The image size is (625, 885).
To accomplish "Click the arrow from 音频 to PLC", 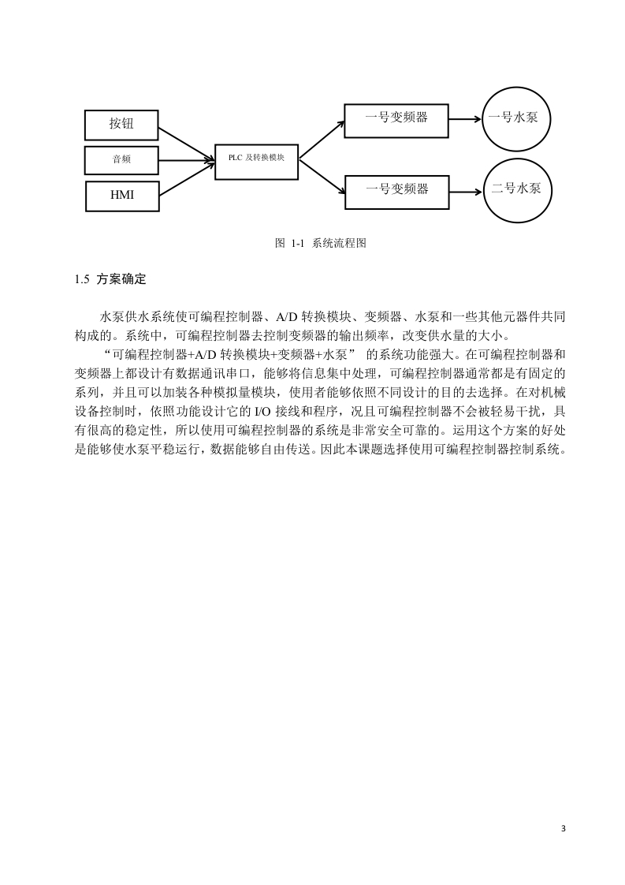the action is (187, 161).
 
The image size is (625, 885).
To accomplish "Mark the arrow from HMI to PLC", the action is (187, 178).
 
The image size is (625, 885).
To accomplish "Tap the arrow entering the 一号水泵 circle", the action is (465, 119).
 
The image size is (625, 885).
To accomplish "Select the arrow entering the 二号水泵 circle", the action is (467, 192).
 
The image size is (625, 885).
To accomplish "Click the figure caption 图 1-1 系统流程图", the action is (321, 243).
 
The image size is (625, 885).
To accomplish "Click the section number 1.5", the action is (82, 279).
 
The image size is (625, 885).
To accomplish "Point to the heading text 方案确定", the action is (121, 279).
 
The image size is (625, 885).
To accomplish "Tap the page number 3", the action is (563, 828).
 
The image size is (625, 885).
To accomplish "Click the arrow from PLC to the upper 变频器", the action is (322, 140).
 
